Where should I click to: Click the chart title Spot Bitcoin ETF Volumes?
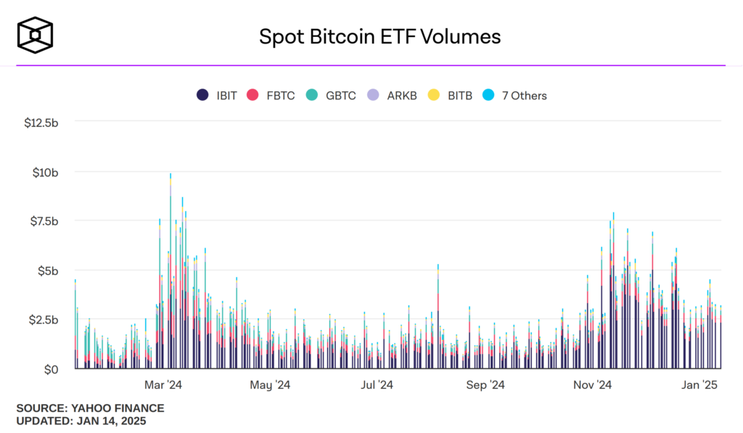(379, 36)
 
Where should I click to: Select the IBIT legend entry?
(217, 96)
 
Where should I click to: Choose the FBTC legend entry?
(271, 96)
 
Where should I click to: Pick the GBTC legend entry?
(331, 96)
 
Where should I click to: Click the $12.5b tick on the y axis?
(41, 123)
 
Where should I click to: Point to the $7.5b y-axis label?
(43, 221)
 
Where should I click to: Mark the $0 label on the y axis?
(50, 370)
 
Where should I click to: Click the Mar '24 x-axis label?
(163, 384)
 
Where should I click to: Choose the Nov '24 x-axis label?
(594, 384)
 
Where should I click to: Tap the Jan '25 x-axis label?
(700, 384)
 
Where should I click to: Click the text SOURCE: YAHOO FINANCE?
(90, 408)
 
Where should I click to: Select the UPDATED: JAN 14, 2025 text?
(81, 421)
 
